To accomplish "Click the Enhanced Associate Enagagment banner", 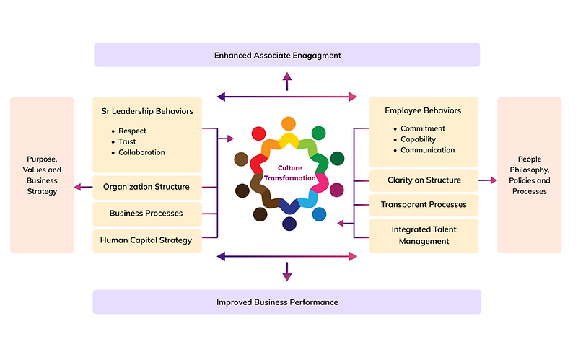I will tap(287, 55).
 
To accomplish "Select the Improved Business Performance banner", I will tap(287, 302).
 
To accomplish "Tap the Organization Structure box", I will tap(146, 187).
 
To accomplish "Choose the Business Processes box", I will tap(146, 214).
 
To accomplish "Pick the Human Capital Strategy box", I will tap(146, 240).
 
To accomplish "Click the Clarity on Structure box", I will tap(423, 180).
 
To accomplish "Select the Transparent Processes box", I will tap(423, 205).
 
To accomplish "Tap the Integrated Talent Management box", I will tap(423, 235).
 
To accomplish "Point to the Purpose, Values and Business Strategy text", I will tap(42, 175).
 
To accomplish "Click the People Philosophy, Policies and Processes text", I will tap(529, 175).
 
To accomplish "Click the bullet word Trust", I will tap(128, 142).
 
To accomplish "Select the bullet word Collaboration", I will tap(141, 152).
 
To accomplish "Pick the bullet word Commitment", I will tap(423, 128).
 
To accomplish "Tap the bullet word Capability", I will tap(419, 139).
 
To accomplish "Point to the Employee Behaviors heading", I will tap(423, 110).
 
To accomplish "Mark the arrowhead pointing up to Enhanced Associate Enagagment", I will tap(287, 76).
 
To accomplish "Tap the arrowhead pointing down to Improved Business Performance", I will tap(287, 276).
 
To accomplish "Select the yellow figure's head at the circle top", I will tap(288, 123).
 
